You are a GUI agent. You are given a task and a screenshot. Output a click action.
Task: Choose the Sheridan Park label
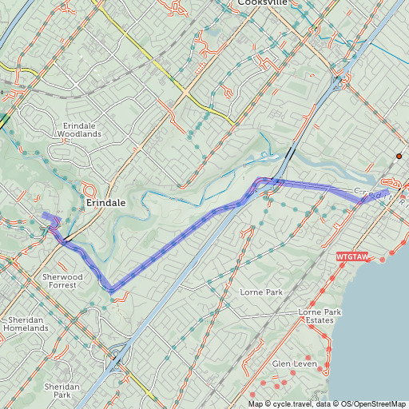coord(62,390)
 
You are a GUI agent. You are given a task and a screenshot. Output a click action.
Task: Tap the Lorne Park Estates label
coord(316,316)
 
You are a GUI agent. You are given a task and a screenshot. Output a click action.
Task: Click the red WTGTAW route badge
coord(352,257)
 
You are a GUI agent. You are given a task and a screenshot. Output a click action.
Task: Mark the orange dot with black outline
coord(399,156)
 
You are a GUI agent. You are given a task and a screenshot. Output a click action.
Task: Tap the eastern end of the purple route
coord(387,193)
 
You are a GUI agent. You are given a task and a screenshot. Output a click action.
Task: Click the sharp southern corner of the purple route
coord(109,288)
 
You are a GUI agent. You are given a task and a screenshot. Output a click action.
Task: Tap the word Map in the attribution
coord(255,403)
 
